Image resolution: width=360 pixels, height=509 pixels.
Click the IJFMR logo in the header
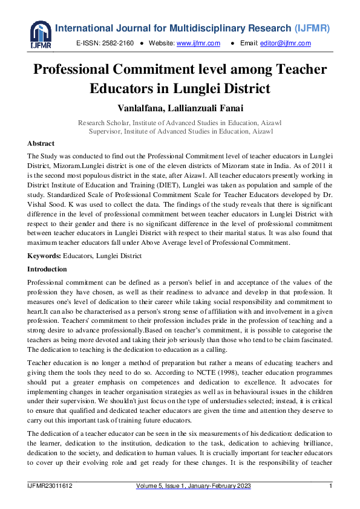[41, 35]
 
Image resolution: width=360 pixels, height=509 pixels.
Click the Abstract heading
[41, 143]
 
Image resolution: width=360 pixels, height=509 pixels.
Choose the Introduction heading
[47, 268]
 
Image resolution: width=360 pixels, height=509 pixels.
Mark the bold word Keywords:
[44, 256]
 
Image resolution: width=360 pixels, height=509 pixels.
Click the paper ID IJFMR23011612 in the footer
[50, 486]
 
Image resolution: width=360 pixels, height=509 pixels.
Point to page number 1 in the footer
[330, 486]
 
